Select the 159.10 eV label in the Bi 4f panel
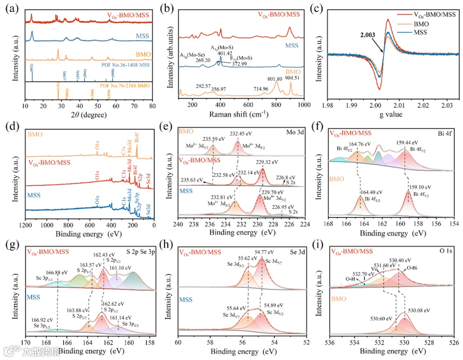point(419,187)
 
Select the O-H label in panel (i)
point(350,279)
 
